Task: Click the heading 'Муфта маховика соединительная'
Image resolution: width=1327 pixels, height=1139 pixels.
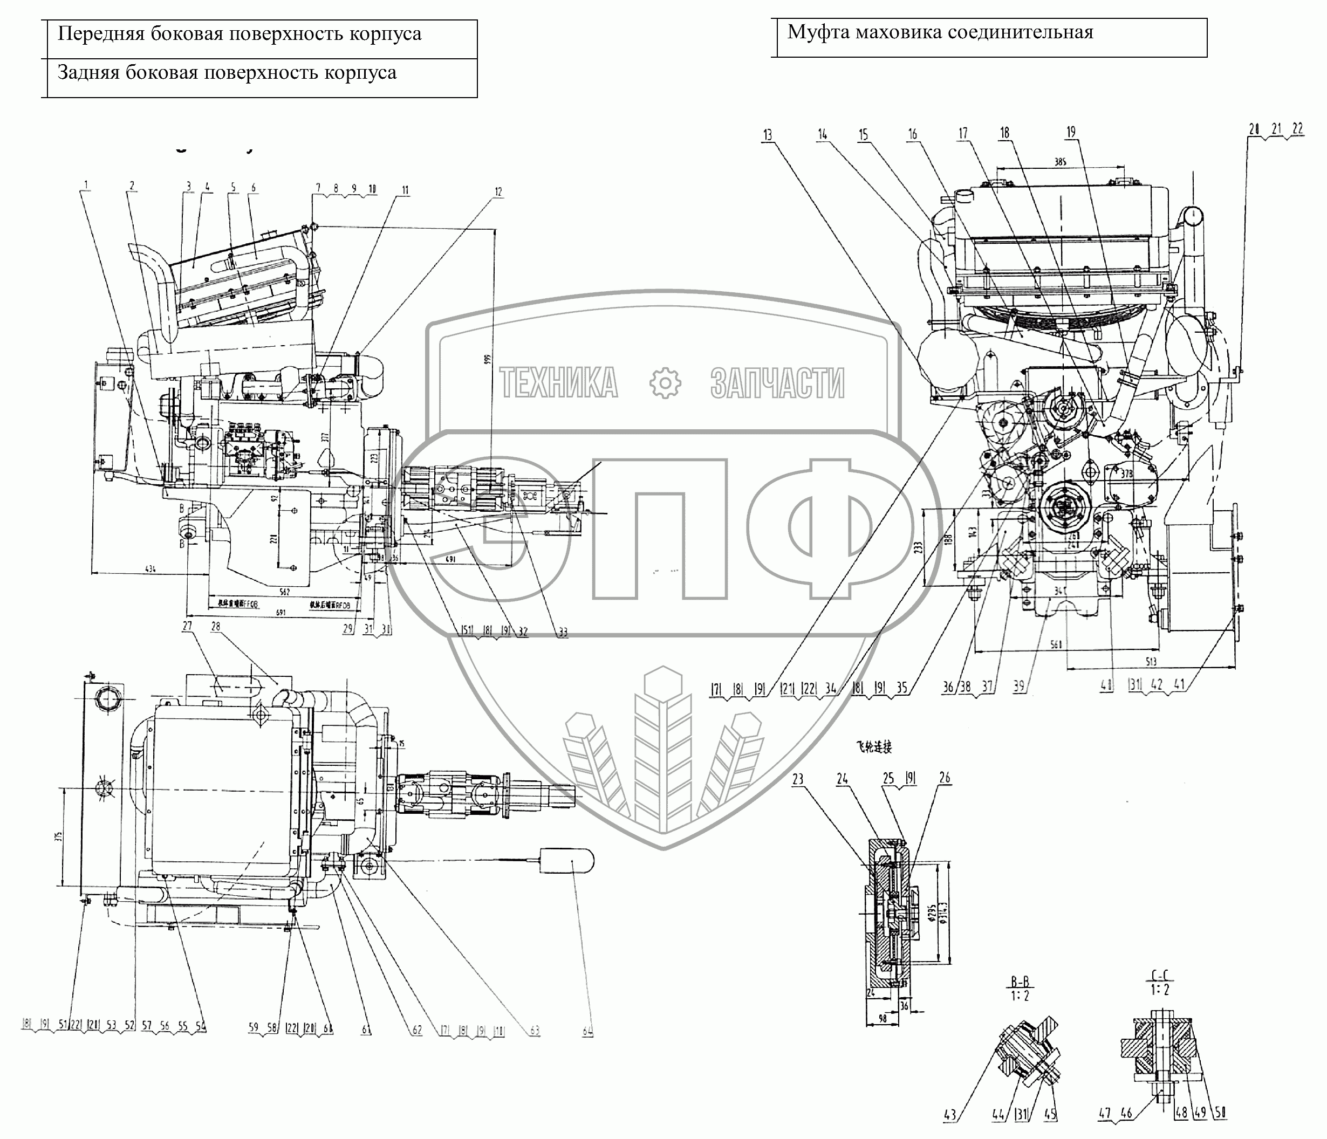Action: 940,32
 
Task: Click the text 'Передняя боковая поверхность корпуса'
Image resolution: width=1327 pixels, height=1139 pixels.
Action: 240,34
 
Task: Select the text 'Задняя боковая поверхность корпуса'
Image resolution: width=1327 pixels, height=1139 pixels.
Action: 227,73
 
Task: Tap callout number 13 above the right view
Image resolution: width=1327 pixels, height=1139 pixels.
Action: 767,135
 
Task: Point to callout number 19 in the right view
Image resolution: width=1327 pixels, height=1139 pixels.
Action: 1071,133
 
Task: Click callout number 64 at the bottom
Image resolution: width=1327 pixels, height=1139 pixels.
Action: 588,1030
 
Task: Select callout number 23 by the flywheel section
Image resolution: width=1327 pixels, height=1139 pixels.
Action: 798,779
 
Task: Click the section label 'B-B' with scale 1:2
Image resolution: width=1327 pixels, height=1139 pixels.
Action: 1023,982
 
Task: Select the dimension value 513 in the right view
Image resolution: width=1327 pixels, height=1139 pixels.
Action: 1151,662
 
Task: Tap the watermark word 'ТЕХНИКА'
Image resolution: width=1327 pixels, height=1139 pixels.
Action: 558,383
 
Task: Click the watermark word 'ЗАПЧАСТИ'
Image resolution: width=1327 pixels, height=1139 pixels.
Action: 777,383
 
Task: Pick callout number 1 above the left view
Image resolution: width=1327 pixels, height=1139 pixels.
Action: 86,186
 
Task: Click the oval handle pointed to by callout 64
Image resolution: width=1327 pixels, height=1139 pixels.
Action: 566,861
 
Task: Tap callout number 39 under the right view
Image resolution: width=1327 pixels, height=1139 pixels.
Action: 1018,687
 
